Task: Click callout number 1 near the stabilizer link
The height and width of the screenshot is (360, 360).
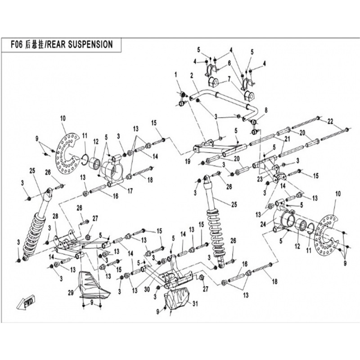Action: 176,74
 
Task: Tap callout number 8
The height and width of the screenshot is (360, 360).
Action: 266,109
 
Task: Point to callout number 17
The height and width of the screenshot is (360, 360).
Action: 130,191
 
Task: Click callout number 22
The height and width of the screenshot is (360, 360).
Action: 330,121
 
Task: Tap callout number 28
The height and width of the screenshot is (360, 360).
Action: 56,217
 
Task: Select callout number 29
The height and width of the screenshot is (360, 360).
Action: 70,292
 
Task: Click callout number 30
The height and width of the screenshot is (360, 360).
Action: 146,289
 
